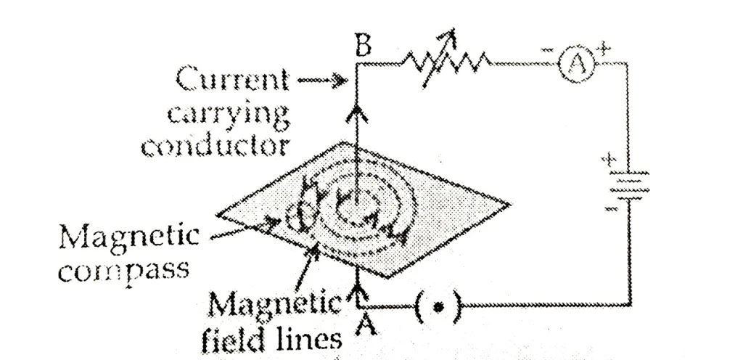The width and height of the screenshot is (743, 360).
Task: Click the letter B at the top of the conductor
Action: coord(363,49)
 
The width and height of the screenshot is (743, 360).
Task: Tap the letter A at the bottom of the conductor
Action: coord(364,325)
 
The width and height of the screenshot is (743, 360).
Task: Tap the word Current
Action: coord(231,80)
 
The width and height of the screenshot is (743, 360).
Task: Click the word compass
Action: coord(123,271)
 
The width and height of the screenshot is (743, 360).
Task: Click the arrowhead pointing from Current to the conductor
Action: coord(340,81)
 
